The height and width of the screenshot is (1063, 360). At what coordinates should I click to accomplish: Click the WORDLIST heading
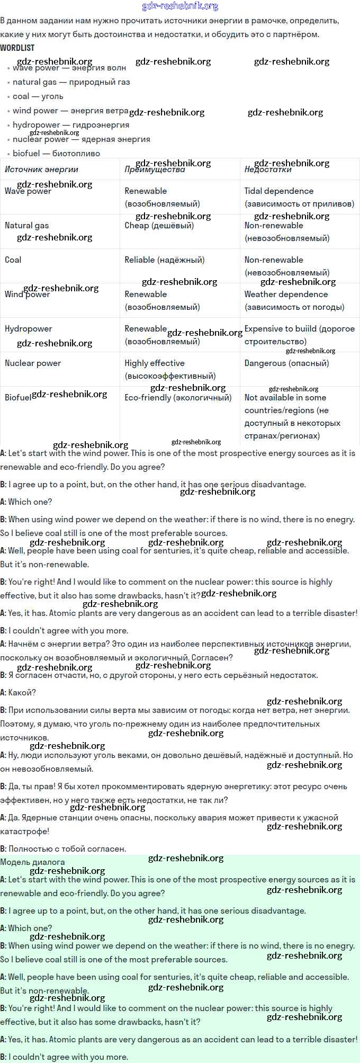[x=17, y=48]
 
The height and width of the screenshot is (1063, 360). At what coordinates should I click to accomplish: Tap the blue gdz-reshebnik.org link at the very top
[x=180, y=6]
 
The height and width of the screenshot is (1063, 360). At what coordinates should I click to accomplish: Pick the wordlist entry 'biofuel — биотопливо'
[x=56, y=154]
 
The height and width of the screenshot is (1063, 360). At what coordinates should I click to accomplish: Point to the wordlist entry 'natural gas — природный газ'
[x=71, y=82]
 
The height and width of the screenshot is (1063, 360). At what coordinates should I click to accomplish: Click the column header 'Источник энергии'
[x=41, y=169]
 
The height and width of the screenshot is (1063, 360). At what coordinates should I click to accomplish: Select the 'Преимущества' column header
[x=155, y=169]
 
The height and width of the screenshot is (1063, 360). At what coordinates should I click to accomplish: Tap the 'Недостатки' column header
[x=268, y=169]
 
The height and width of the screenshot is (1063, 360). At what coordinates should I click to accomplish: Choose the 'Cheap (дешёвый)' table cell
[x=159, y=226]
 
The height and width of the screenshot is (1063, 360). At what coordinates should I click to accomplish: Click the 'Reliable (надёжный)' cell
[x=164, y=260]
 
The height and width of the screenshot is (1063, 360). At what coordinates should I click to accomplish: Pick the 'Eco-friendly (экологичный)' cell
[x=178, y=398]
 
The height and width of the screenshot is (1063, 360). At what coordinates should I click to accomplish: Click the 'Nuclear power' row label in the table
[x=33, y=363]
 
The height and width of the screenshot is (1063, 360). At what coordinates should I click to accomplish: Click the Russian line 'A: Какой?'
[x=19, y=693]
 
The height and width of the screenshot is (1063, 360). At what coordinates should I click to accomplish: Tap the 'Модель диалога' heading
[x=32, y=862]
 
